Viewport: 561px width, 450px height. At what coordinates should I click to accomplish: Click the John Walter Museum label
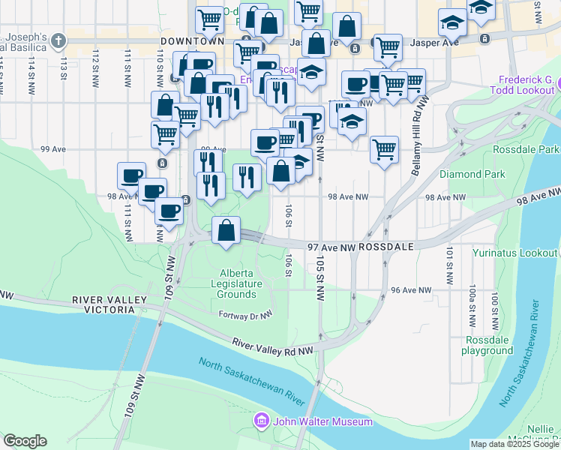point(322,421)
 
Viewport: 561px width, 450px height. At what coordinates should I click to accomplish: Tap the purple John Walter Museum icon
point(261,421)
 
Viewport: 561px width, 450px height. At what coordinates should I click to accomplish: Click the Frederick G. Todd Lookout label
point(525,85)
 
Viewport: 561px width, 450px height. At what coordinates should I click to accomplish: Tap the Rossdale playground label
point(487,345)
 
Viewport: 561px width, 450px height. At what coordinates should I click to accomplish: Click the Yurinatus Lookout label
point(514,253)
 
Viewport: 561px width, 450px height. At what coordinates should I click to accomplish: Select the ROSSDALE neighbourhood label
point(386,246)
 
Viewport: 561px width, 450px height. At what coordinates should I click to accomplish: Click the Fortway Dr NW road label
point(244,316)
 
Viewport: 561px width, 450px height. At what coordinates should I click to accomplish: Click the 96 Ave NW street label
point(411,289)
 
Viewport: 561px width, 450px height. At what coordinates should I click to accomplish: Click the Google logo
point(25,441)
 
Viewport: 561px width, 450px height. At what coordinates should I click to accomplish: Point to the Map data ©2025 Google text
point(514,444)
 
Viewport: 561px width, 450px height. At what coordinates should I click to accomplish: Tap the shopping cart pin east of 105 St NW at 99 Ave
point(384,148)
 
